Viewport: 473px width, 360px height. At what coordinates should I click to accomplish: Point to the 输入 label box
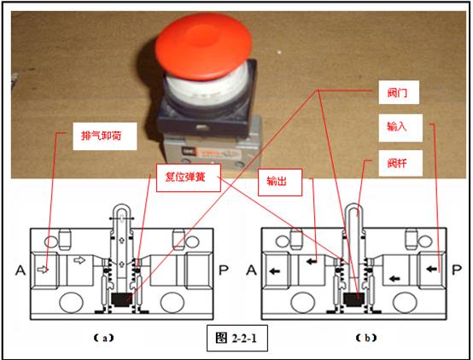[x=397, y=126]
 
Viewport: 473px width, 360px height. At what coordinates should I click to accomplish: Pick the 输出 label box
[x=278, y=180]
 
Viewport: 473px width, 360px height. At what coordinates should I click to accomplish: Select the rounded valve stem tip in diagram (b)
[x=353, y=209]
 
